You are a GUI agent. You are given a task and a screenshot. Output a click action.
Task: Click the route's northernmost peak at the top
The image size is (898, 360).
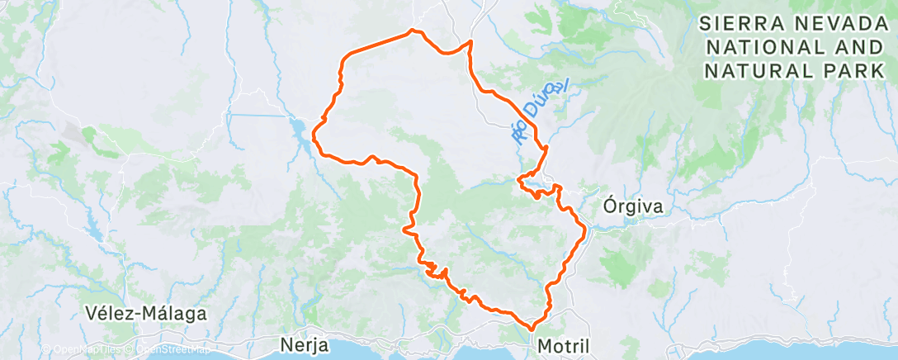tap(412, 31)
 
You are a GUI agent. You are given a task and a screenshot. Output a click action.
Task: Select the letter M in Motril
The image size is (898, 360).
tap(545, 346)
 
